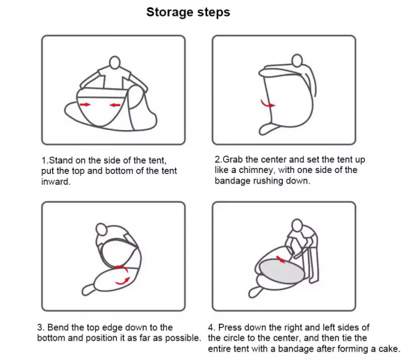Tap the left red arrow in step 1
click(85, 104)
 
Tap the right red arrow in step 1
click(115, 105)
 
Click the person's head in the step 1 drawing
click(115, 63)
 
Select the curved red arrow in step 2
click(268, 104)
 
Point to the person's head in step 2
click(297, 60)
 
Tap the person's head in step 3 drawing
click(101, 229)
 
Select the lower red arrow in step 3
click(122, 281)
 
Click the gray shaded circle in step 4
click(281, 273)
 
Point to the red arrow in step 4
click(280, 259)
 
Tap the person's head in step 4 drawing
click(297, 225)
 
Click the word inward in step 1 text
click(56, 181)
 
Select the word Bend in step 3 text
click(56, 327)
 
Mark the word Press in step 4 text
click(229, 327)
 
